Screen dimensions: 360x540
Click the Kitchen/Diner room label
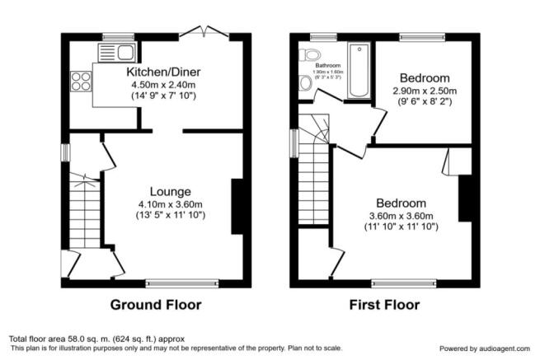pyautogui.click(x=163, y=72)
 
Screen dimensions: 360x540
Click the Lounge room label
pyautogui.click(x=171, y=191)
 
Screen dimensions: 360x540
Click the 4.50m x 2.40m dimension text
pyautogui.click(x=163, y=83)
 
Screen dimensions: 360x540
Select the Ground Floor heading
pyautogui.click(x=156, y=305)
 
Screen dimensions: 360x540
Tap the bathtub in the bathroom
pyautogui.click(x=359, y=70)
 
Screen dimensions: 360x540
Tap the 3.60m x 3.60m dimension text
pyautogui.click(x=401, y=217)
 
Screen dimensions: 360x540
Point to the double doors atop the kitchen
pyautogui.click(x=205, y=33)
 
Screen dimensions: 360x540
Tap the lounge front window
pyautogui.click(x=181, y=283)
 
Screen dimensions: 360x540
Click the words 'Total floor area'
pyautogui.click(x=35, y=339)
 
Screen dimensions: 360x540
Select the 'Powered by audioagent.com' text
pyautogui.click(x=484, y=348)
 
